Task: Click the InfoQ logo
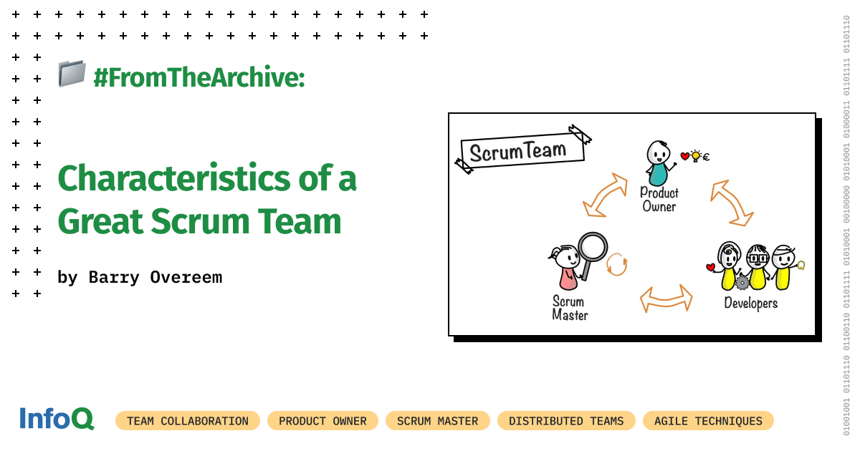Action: click(x=56, y=419)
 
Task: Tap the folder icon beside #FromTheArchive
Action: click(x=72, y=74)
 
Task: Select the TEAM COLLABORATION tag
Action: click(x=188, y=421)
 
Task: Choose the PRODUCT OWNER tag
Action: click(x=322, y=421)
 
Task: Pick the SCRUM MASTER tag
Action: click(x=437, y=421)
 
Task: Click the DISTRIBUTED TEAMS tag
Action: click(x=566, y=421)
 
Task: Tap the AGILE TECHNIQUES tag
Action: click(x=708, y=421)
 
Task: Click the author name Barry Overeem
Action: click(x=156, y=277)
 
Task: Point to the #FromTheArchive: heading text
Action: click(x=199, y=77)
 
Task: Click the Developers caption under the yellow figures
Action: click(x=750, y=303)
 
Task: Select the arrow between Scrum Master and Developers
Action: click(x=666, y=299)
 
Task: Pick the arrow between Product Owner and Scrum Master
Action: click(x=604, y=194)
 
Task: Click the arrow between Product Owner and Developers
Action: click(x=732, y=203)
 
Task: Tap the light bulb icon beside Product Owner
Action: click(x=695, y=156)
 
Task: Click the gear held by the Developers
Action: click(x=742, y=282)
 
